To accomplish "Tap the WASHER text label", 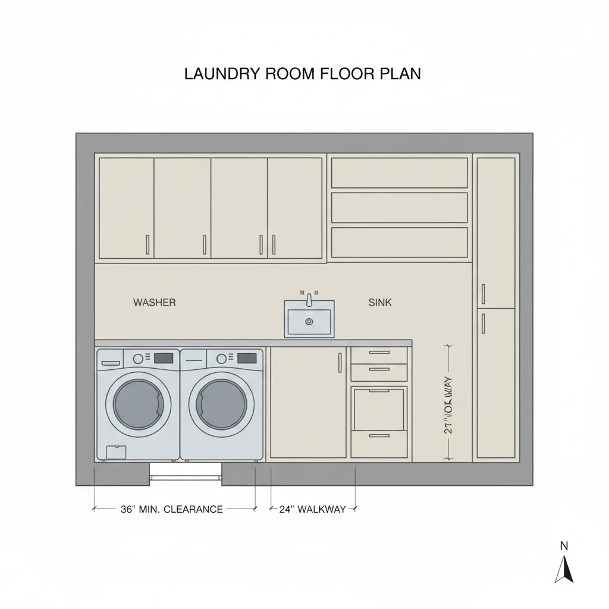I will pyautogui.click(x=154, y=303).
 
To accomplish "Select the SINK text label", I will pyautogui.click(x=380, y=303).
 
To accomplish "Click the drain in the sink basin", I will pyautogui.click(x=309, y=322).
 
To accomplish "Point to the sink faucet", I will pyautogui.click(x=309, y=299).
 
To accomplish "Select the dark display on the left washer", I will pyautogui.click(x=164, y=358).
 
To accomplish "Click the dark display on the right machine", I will pyautogui.click(x=247, y=358).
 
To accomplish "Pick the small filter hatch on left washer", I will pyautogui.click(x=116, y=452).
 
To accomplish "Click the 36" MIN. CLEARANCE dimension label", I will pyautogui.click(x=171, y=509).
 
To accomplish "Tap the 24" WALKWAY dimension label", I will pyautogui.click(x=312, y=509).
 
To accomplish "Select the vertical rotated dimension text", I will pyautogui.click(x=448, y=404).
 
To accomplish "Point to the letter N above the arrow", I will pyautogui.click(x=564, y=545).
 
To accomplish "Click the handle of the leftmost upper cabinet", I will pyautogui.click(x=147, y=244).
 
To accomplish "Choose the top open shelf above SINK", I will pyautogui.click(x=399, y=172).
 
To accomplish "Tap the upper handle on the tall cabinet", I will pyautogui.click(x=483, y=293).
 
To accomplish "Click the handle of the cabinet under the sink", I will pyautogui.click(x=340, y=363).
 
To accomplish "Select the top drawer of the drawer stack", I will pyautogui.click(x=379, y=355).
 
